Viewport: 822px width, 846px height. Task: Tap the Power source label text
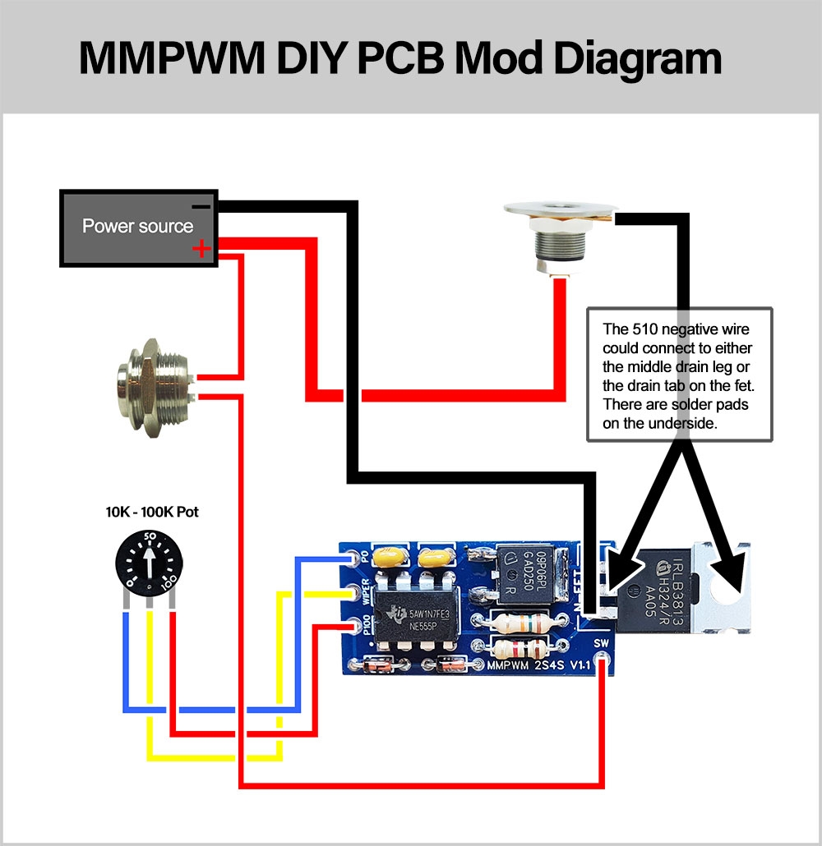pos(137,227)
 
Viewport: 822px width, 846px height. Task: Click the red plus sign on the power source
pos(201,250)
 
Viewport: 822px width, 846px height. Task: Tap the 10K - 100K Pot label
pos(152,512)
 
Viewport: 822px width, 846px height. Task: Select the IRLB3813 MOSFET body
pos(669,591)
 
